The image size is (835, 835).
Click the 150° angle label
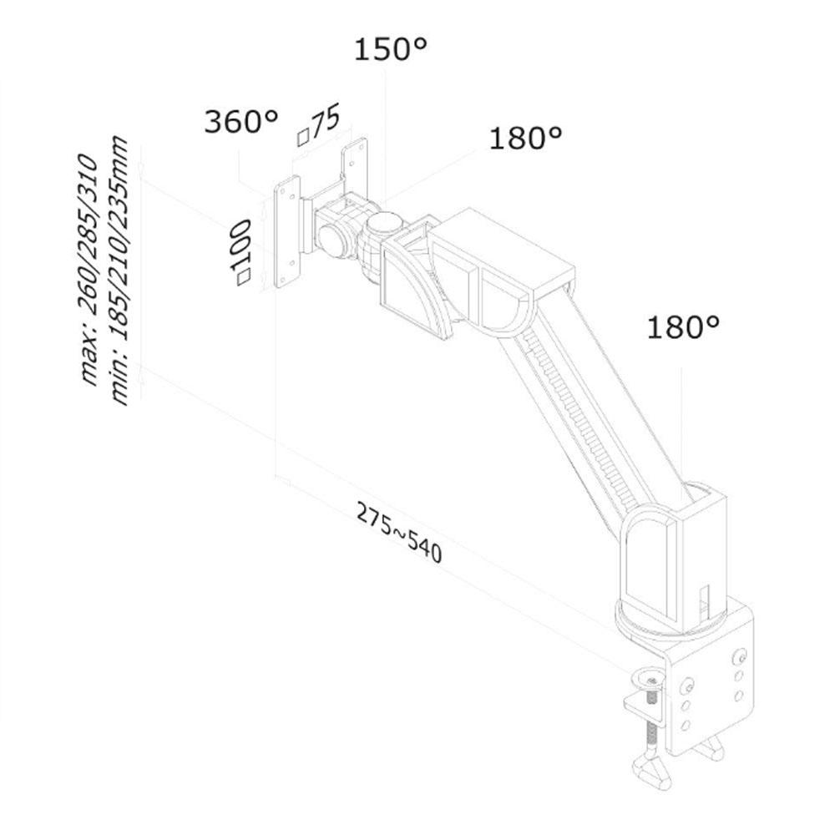[x=390, y=48]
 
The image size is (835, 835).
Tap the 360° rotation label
[x=240, y=121]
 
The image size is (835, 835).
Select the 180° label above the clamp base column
[x=683, y=326]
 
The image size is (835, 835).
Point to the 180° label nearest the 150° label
[x=525, y=138]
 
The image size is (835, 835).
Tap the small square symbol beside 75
[x=303, y=138]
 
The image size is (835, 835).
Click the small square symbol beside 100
[x=243, y=277]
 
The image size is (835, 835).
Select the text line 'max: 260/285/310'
[x=89, y=269]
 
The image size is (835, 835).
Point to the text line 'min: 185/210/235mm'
[x=119, y=271]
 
